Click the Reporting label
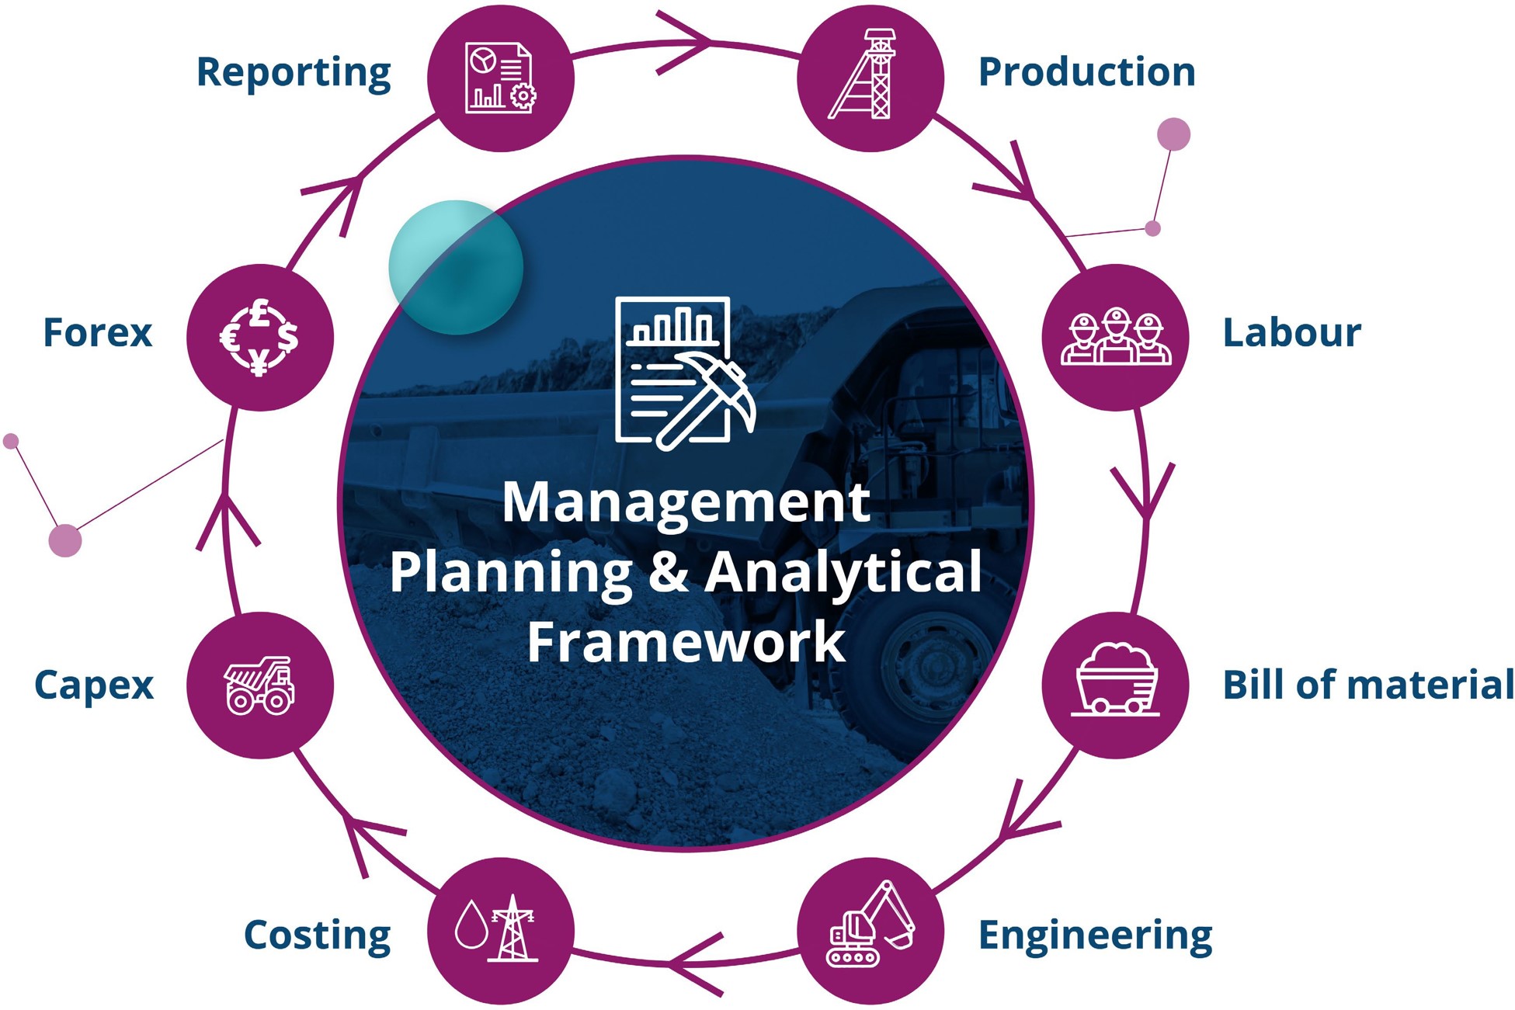click(294, 73)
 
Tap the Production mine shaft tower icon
click(870, 76)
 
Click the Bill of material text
click(1367, 685)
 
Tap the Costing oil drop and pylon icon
click(500, 929)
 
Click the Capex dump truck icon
click(259, 685)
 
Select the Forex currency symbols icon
click(259, 337)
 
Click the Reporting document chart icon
click(500, 78)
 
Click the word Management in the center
click(686, 502)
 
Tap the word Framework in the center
click(686, 642)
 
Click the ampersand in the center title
click(668, 572)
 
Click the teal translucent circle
click(455, 267)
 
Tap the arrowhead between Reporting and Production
click(687, 43)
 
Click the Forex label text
click(98, 333)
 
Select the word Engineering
click(1095, 935)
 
